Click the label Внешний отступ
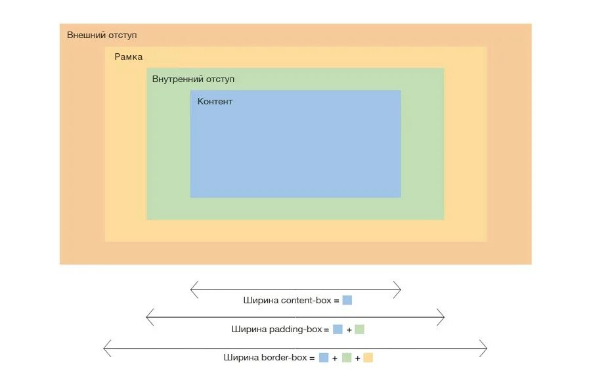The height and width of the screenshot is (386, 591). [102, 35]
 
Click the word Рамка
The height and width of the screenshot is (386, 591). [128, 57]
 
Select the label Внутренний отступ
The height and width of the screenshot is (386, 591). [193, 79]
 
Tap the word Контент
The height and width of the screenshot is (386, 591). [215, 102]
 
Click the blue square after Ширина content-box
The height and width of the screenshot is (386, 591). [347, 300]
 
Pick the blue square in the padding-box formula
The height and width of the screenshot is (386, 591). [338, 330]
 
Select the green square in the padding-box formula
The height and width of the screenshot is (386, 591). [359, 330]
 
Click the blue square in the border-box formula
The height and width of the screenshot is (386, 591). [324, 358]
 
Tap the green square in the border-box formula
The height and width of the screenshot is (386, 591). [346, 358]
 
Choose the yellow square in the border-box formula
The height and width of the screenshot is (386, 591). [368, 358]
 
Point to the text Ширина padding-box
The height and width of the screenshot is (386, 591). [276, 330]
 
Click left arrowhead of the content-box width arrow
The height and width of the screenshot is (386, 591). [191, 289]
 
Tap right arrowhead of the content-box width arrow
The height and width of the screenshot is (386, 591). [400, 289]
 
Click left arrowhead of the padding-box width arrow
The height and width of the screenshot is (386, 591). [147, 318]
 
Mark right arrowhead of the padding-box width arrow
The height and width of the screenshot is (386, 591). [444, 318]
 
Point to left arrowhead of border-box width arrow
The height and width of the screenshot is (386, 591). [105, 348]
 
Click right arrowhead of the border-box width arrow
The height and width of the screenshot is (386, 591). [486, 348]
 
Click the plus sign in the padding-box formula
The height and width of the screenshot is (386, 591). [349, 330]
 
